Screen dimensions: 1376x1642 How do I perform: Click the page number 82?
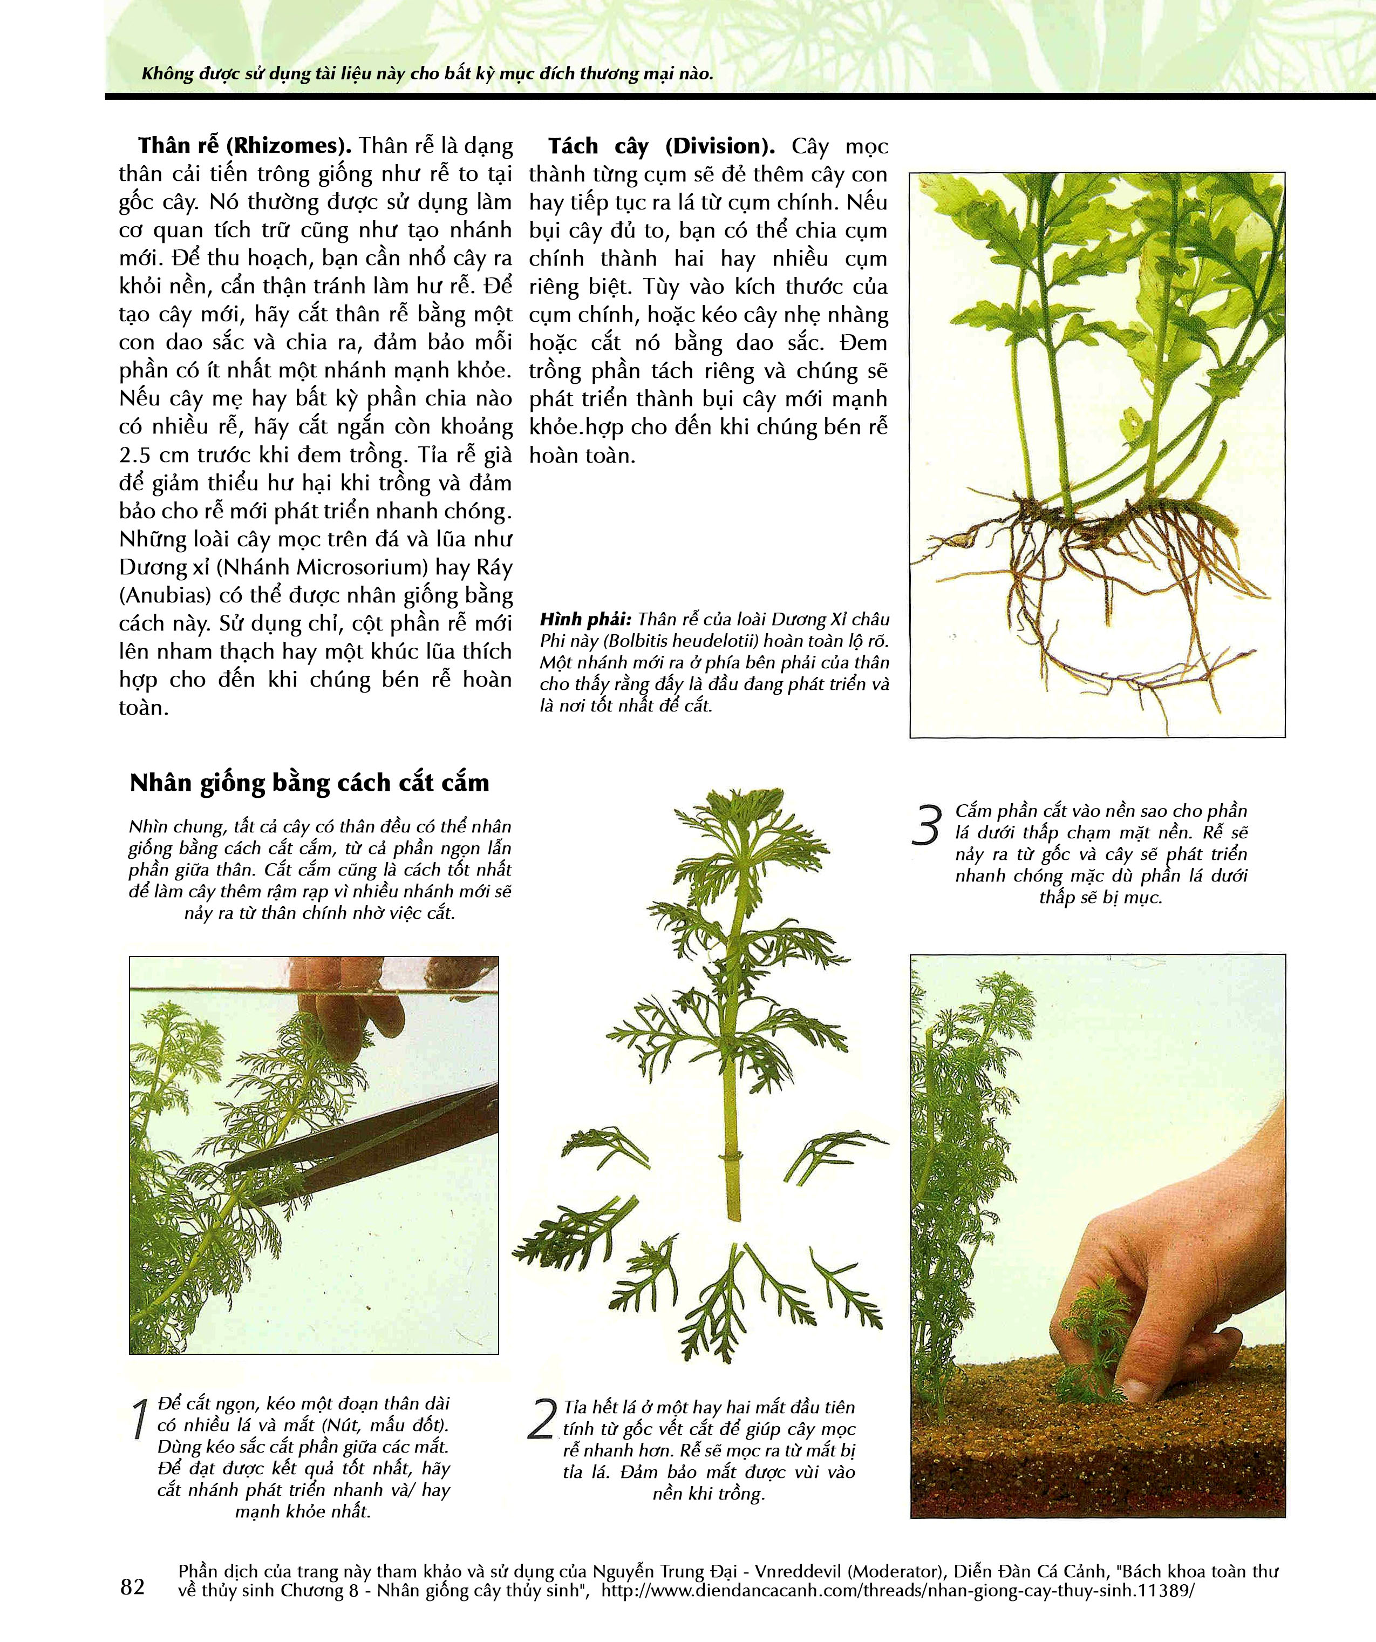point(133,1586)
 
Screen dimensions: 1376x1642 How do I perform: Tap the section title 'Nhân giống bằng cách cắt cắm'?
point(310,783)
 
